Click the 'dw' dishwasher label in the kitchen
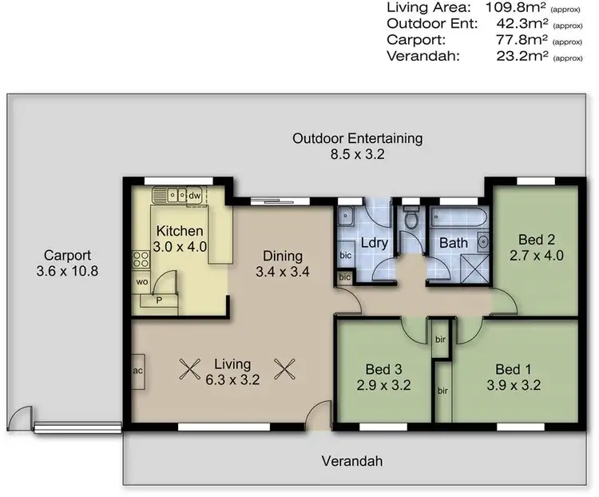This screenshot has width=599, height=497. pyautogui.click(x=194, y=194)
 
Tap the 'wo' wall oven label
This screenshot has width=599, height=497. pyautogui.click(x=141, y=282)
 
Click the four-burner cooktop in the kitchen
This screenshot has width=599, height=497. pyautogui.click(x=141, y=258)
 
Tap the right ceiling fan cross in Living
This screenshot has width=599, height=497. pyautogui.click(x=285, y=368)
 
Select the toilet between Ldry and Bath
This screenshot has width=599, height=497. pyautogui.click(x=411, y=218)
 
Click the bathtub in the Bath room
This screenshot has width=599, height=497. pyautogui.click(x=452, y=217)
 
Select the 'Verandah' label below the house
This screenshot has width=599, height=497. pyautogui.click(x=352, y=461)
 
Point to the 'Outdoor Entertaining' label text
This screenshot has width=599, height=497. pyautogui.click(x=357, y=138)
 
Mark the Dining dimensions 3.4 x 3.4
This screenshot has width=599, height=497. pyautogui.click(x=283, y=271)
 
